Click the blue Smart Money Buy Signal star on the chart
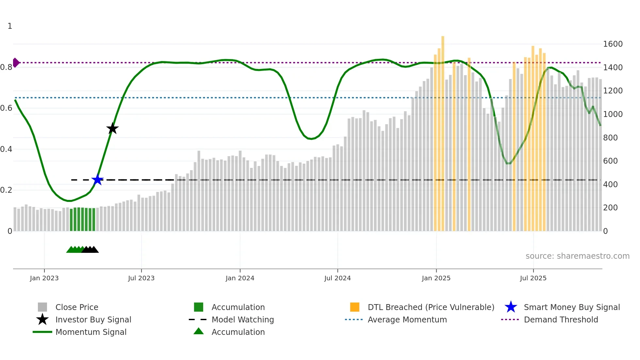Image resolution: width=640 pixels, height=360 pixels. point(97,180)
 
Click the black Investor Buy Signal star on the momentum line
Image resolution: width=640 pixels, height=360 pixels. point(112,128)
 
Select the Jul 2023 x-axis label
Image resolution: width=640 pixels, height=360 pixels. point(141,278)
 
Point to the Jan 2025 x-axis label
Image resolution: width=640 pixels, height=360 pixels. point(436,278)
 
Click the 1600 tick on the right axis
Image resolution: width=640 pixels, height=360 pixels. point(613,44)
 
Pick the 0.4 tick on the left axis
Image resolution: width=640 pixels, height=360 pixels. point(6,149)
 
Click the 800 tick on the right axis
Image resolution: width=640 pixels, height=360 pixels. point(610,138)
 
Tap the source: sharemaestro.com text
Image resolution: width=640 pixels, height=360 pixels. point(577,256)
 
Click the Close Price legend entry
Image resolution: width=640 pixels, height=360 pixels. point(77,307)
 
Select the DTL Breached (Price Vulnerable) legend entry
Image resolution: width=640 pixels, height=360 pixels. point(431,307)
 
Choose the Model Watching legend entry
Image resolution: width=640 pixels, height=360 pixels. point(243,319)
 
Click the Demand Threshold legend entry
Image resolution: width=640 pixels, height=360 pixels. point(561,319)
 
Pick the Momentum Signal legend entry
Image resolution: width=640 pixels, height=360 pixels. point(91,332)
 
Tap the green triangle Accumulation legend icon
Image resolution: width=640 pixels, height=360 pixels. point(199,331)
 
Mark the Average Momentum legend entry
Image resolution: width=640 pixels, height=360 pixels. point(407,319)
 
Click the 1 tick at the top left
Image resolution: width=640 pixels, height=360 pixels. point(10,26)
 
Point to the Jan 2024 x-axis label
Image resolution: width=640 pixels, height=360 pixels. point(240,278)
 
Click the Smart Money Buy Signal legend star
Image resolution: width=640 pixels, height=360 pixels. point(511,307)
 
